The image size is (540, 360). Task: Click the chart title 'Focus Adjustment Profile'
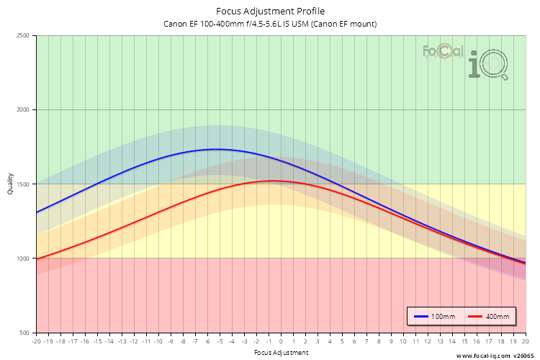point(270,11)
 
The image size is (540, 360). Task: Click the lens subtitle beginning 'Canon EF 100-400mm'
point(270,24)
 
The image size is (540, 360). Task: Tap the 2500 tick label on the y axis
point(23,36)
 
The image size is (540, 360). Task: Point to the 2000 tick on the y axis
point(23,110)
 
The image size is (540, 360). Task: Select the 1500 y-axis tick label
point(23,184)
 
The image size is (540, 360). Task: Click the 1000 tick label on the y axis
point(23,258)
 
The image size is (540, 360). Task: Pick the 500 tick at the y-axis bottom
point(25,333)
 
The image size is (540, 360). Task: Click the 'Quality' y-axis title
point(10,184)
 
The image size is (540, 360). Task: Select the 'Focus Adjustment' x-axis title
point(281,353)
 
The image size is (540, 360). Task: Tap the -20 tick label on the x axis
point(36,342)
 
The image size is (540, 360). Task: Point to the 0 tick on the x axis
point(281,342)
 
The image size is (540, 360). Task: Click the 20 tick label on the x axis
point(525,342)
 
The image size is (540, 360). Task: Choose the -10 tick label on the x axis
point(158,342)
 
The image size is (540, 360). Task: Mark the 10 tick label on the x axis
point(403,342)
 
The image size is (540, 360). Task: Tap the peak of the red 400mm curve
point(272,181)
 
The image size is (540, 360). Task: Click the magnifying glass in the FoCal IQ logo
point(495,66)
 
